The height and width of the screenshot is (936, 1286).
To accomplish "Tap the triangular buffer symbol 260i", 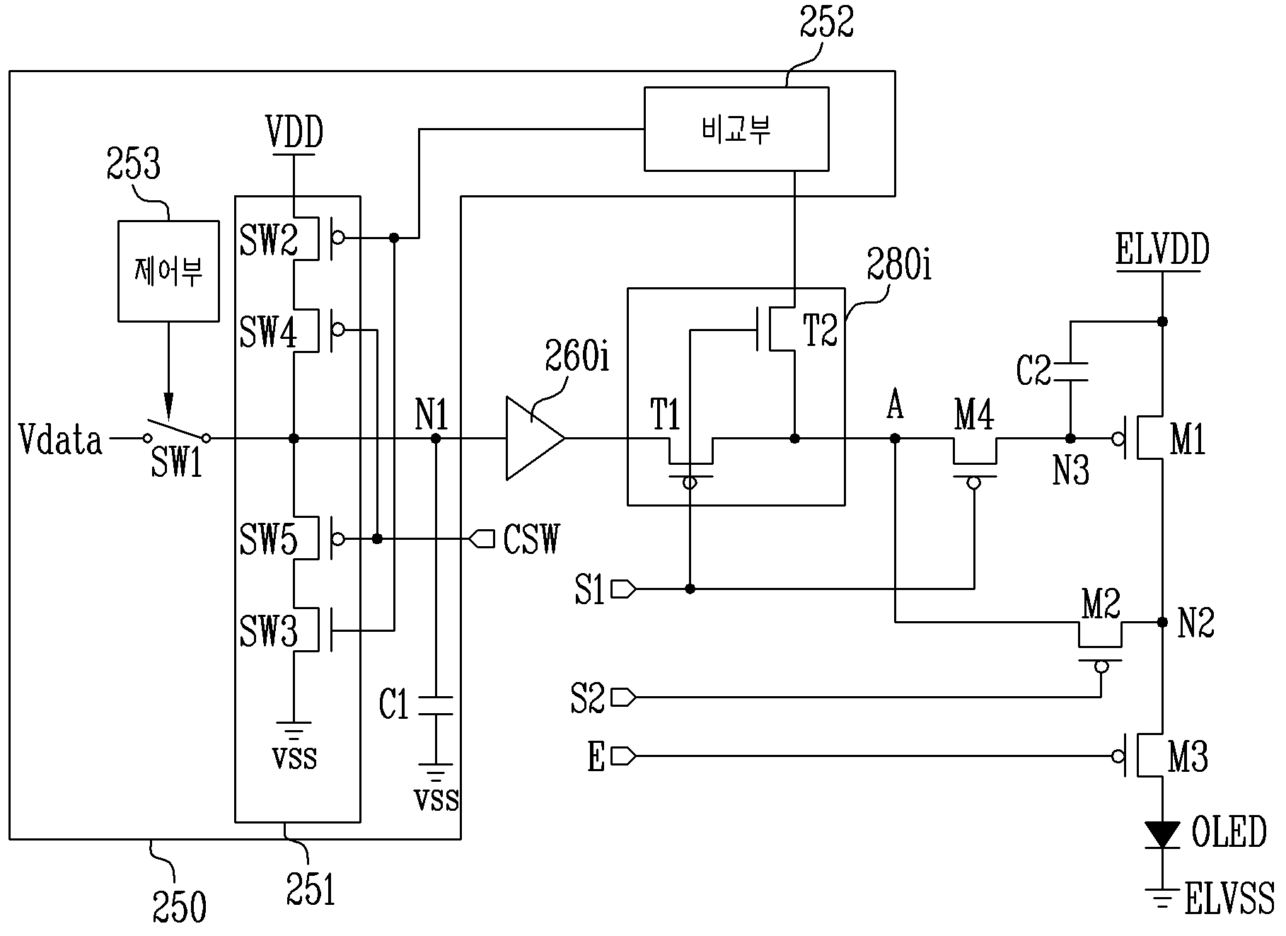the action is (x=535, y=439).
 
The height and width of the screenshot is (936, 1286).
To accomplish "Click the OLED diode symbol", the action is (x=1162, y=834).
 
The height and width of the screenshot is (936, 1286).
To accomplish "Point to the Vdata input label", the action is (x=60, y=440).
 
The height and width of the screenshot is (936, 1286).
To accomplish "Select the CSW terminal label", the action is (x=531, y=540).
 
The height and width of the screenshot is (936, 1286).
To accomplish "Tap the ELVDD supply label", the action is (x=1162, y=250).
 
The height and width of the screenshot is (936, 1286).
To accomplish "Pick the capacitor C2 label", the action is (x=1033, y=371).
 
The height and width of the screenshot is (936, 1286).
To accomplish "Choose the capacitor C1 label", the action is (x=394, y=705).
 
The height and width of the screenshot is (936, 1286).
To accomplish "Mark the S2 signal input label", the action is (x=588, y=698).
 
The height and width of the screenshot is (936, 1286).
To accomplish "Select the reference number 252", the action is (x=827, y=22).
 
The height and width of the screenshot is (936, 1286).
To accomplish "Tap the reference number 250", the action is (x=180, y=906).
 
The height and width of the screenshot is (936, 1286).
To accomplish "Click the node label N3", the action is (x=1071, y=470).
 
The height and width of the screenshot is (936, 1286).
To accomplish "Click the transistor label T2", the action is (x=821, y=330).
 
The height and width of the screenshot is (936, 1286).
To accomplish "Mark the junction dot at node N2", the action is (x=1162, y=622).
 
